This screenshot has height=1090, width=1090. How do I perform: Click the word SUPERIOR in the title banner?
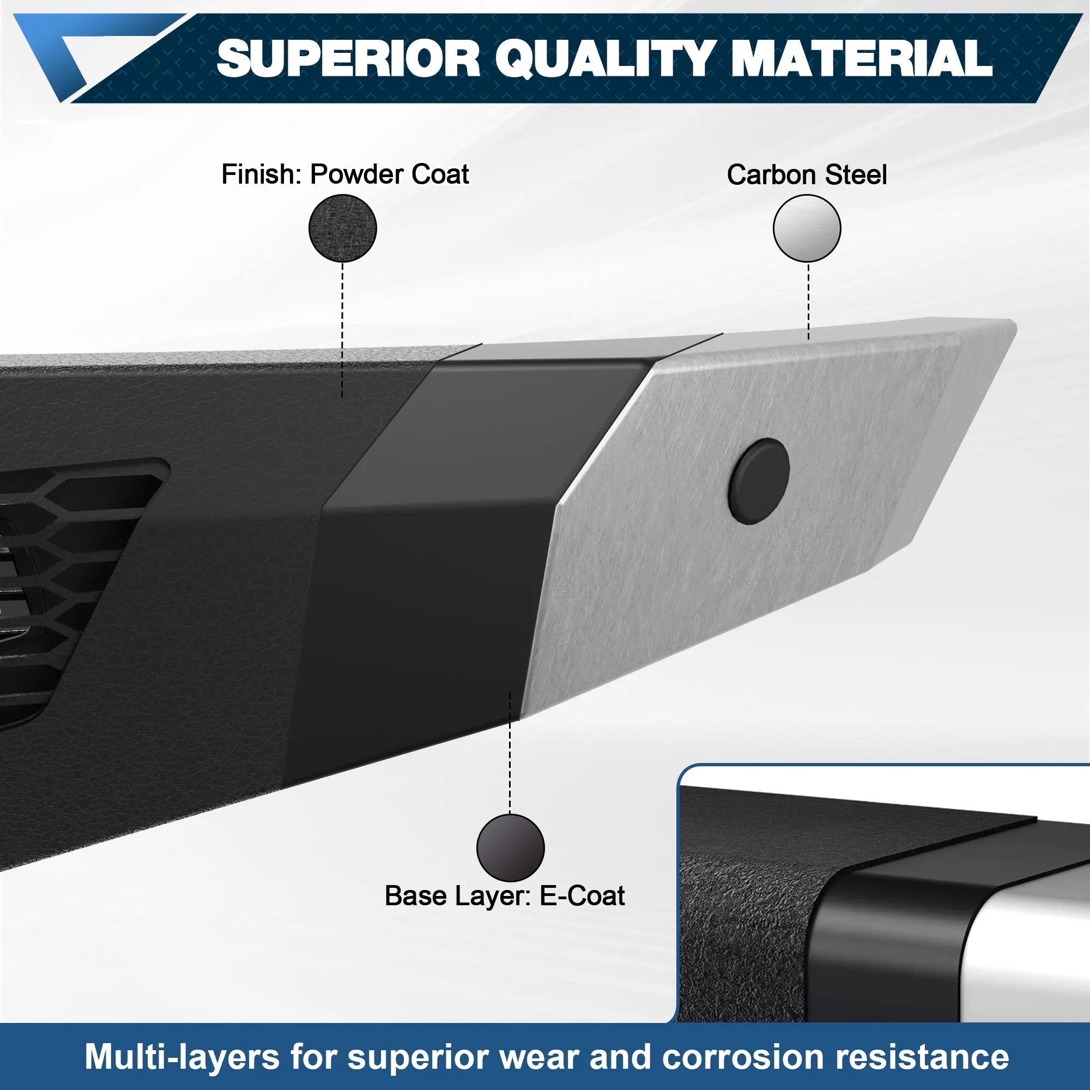348,58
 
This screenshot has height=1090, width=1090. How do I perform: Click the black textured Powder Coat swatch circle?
342,228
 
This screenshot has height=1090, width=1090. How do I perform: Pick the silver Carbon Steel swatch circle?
807,228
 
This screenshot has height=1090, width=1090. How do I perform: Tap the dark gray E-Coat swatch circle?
510,847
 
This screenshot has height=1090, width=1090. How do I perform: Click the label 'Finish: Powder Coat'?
345,174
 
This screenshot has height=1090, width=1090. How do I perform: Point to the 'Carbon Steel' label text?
807,175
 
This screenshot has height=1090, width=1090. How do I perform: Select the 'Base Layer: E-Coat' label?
504,896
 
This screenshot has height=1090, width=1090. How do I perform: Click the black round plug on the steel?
759,479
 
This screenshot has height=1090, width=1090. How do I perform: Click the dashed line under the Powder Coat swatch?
342,327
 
